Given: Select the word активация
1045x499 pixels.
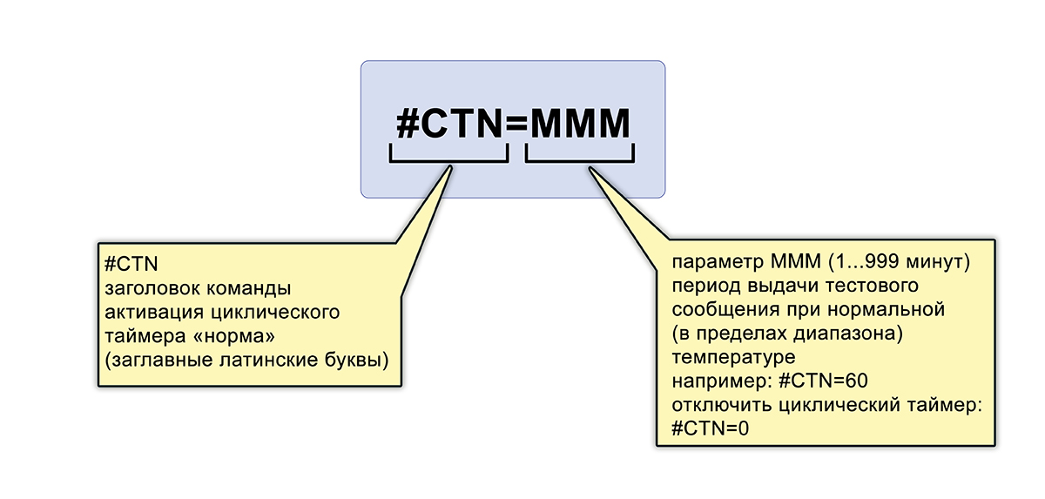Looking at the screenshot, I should [142, 310].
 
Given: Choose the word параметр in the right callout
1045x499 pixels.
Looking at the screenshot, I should [718, 262].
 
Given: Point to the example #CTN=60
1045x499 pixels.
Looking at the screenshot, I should [825, 381].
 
